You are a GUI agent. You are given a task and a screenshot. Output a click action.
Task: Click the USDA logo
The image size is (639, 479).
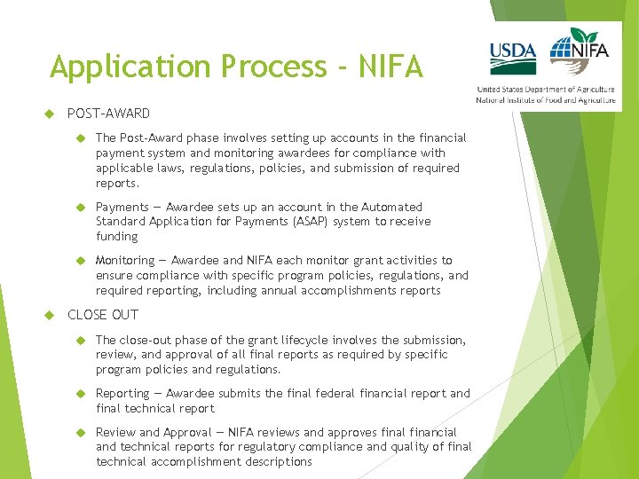[x=513, y=57]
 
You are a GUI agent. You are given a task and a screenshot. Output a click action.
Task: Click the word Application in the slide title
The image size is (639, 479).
[x=113, y=67]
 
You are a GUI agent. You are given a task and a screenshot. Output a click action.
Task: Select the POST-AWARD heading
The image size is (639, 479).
[x=108, y=114]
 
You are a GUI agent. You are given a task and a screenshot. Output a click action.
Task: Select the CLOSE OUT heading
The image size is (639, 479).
[x=103, y=315]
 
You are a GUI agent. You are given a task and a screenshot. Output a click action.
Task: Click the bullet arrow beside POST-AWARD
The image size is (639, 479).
[x=50, y=114]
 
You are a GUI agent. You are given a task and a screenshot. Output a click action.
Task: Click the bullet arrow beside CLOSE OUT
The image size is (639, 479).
[x=50, y=315]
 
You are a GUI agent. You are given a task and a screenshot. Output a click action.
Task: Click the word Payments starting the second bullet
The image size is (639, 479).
[x=122, y=207]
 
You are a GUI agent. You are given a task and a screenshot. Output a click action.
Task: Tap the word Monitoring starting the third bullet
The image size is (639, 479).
[x=125, y=260]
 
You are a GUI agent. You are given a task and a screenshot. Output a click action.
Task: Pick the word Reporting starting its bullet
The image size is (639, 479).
[x=122, y=393]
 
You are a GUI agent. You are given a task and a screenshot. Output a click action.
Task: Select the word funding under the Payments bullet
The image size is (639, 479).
[x=117, y=237]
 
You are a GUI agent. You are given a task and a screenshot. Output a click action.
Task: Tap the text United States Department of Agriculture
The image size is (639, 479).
[x=546, y=90]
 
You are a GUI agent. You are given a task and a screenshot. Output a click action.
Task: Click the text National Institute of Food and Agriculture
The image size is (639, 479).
[x=546, y=100]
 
